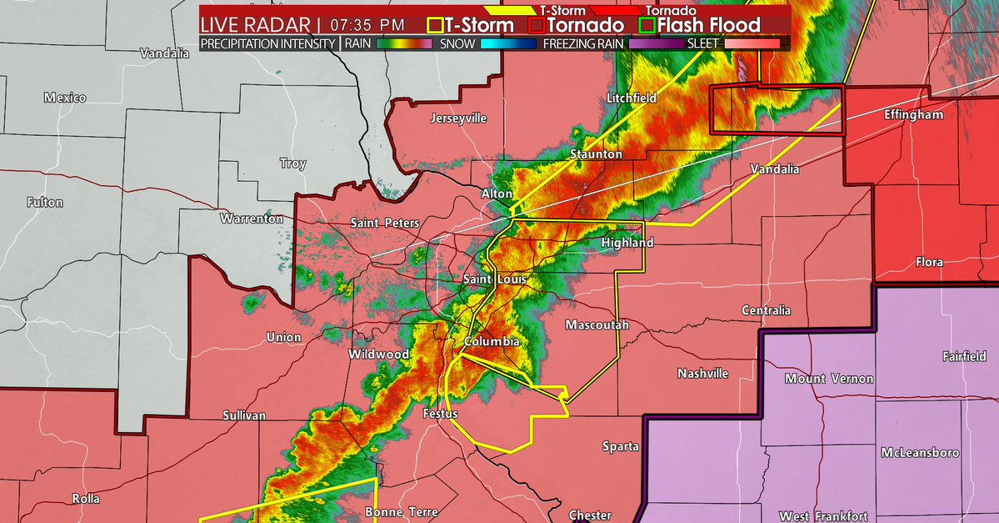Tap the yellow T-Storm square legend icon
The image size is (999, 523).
tap(434, 25)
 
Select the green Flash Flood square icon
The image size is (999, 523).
tap(646, 25)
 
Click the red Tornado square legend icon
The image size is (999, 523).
tap(536, 25)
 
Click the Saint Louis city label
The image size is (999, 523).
tap(495, 279)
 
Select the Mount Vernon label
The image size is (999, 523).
tap(829, 379)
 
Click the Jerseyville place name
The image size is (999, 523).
tap(458, 118)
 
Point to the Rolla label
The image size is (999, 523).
tap(86, 499)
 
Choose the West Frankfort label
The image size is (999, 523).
tap(823, 516)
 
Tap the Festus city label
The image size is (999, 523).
tap(441, 413)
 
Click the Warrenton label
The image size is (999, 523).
tap(252, 219)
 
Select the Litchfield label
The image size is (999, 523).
tap(632, 98)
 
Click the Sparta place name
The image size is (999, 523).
tap(621, 446)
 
